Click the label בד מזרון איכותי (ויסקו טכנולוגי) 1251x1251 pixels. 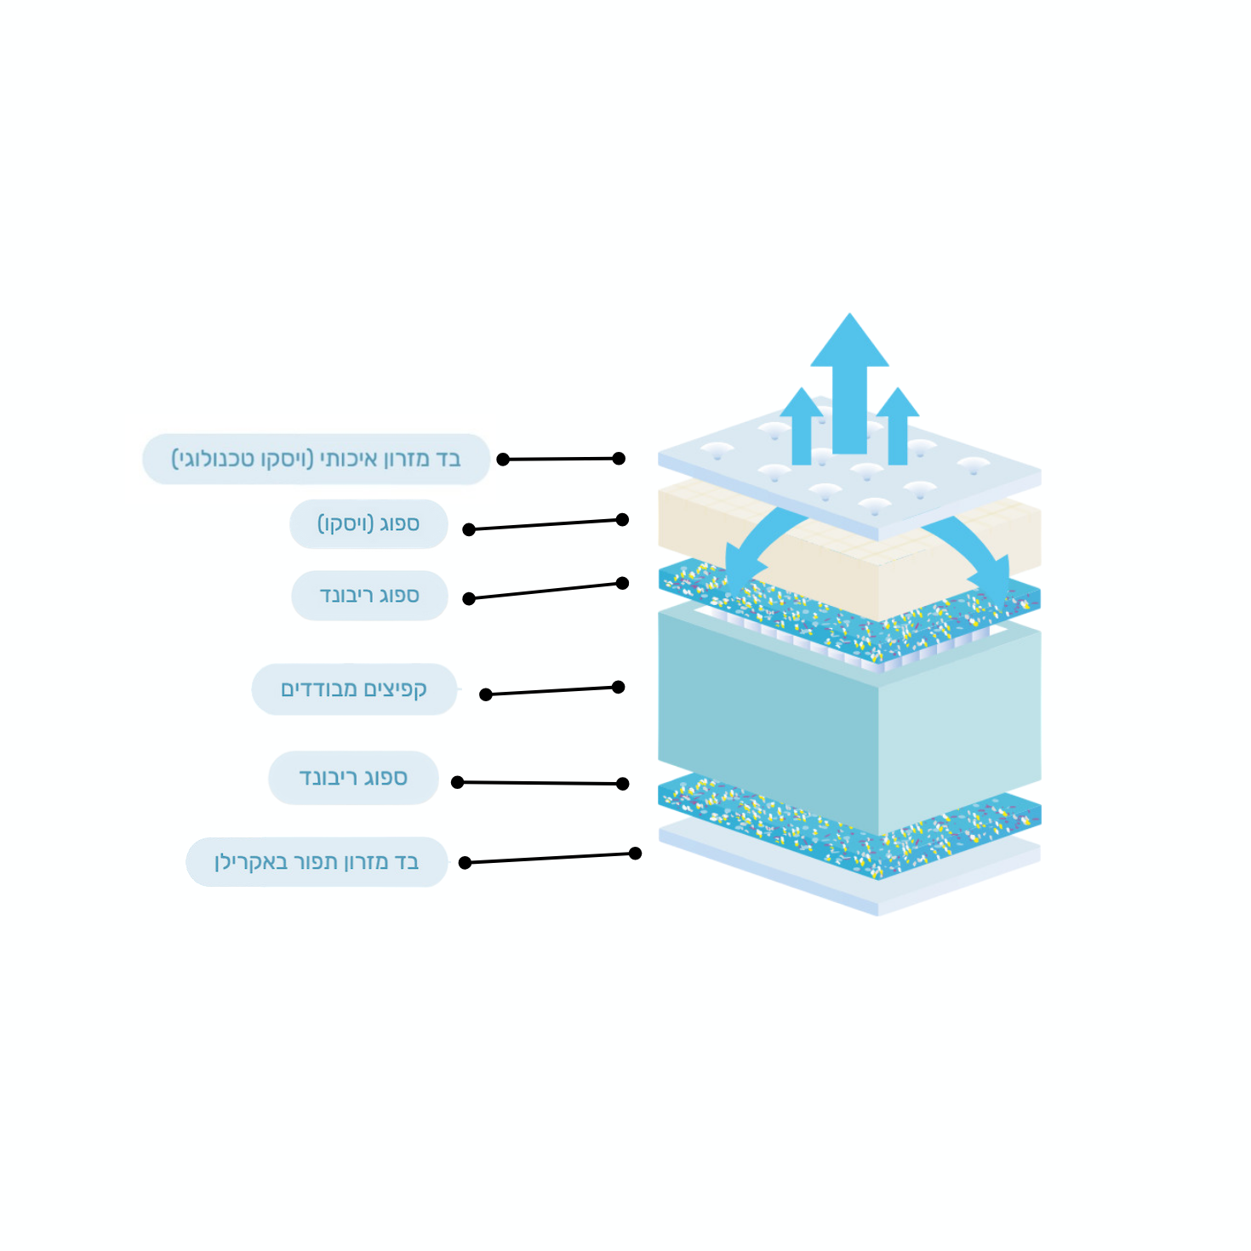tap(316, 459)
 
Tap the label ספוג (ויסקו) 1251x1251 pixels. tap(368, 524)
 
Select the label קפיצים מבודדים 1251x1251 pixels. tap(355, 688)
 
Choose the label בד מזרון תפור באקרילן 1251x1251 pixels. tap(317, 862)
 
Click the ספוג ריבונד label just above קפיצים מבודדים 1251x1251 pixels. tap(369, 596)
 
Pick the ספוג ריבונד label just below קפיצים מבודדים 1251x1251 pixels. tap(353, 778)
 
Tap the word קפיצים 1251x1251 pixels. tap(395, 688)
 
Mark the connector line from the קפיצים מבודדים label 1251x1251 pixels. tap(551, 691)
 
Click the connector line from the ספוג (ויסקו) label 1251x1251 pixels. tap(546, 524)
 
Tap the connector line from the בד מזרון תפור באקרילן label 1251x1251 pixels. tap(550, 858)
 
